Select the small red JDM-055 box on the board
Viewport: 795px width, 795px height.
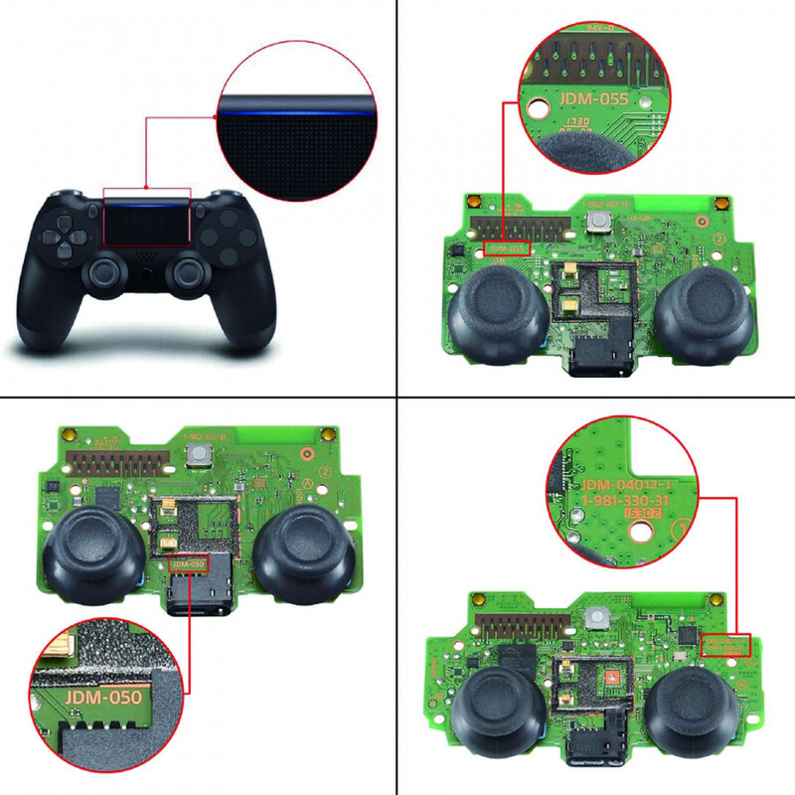pyautogui.click(x=508, y=246)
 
